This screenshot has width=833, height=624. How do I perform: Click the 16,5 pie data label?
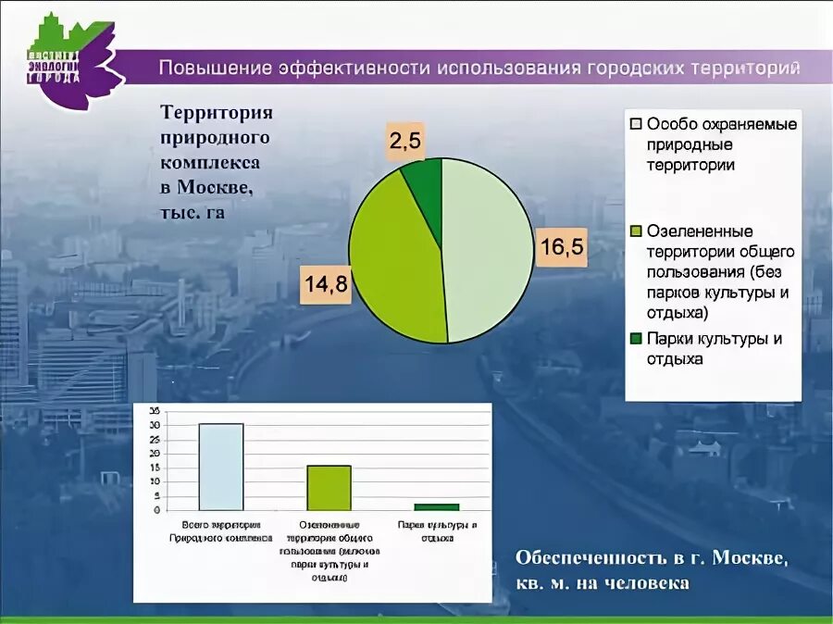(563, 248)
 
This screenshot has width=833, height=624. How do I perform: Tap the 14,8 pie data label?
(326, 285)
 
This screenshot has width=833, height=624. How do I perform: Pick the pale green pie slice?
(486, 250)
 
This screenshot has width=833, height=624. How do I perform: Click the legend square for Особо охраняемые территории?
(636, 124)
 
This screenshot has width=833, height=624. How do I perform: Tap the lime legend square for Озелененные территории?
(636, 231)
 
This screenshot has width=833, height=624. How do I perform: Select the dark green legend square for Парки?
(636, 339)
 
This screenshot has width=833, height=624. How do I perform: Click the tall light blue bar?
(221, 467)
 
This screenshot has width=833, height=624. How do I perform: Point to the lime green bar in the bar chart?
(329, 487)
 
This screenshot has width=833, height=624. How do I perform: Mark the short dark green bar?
(436, 506)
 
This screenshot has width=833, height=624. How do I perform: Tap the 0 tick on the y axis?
(156, 510)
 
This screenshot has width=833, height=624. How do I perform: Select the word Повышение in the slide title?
(212, 69)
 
